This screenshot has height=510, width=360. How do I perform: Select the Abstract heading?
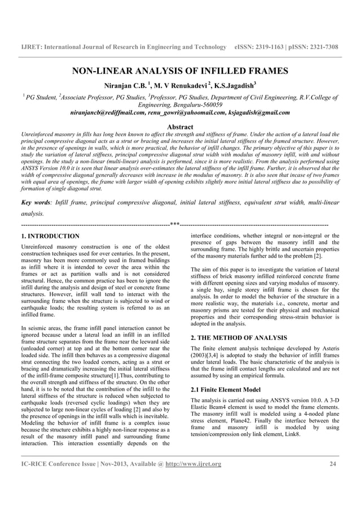(x=181, y=127)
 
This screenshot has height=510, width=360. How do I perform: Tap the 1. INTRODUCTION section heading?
(x=50, y=236)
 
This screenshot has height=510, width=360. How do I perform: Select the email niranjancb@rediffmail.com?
(x=106, y=112)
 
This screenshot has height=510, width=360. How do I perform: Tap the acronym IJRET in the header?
(x=32, y=45)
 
